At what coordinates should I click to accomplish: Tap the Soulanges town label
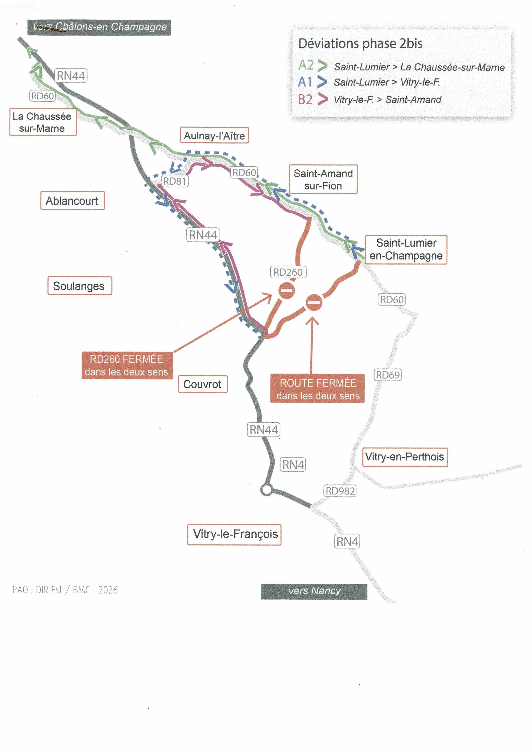(x=80, y=286)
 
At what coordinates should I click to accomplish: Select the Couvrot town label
(x=203, y=384)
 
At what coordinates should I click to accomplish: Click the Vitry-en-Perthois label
(x=405, y=457)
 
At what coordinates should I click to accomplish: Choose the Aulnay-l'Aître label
(x=214, y=136)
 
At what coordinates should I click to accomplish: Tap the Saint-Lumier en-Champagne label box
(x=406, y=249)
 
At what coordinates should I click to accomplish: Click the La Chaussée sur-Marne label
(x=43, y=122)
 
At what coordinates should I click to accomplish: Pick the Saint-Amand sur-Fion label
(x=323, y=179)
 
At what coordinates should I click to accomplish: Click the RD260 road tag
(x=288, y=272)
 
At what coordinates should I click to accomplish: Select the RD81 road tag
(x=175, y=181)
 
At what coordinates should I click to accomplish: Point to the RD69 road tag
(x=388, y=375)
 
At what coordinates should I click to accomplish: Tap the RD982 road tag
(x=340, y=491)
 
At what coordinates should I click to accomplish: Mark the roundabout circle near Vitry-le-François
(x=266, y=490)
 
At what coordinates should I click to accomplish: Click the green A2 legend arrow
(x=323, y=66)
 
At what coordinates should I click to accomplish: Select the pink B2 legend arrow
(x=323, y=99)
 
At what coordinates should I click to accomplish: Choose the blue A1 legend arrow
(x=323, y=82)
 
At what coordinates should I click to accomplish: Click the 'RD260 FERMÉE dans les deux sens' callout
(x=127, y=365)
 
